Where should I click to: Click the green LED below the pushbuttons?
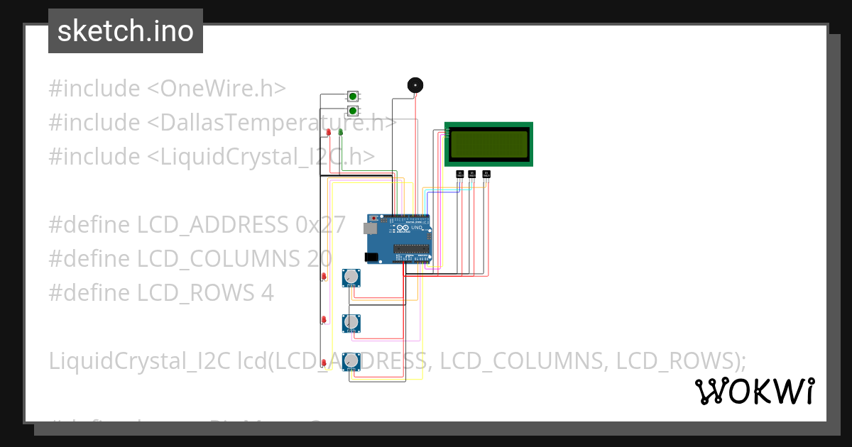[x=341, y=131]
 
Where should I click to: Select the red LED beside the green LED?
[x=329, y=131]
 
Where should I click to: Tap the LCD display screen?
[x=488, y=143]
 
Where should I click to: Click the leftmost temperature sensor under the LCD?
[x=459, y=173]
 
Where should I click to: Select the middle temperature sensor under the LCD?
[x=472, y=173]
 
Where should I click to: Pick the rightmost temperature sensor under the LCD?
[x=486, y=173]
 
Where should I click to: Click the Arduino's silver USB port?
[x=370, y=228]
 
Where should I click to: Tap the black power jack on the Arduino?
[x=371, y=257]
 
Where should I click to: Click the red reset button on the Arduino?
[x=375, y=218]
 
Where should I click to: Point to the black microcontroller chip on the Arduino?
[x=412, y=249]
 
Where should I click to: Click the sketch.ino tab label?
[x=126, y=31]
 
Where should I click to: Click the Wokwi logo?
[x=754, y=391]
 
